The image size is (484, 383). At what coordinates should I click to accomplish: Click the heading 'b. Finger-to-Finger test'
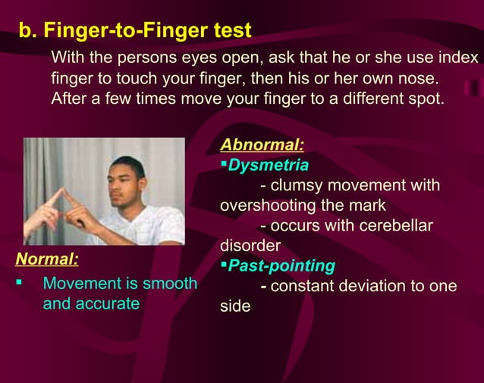pos(134,31)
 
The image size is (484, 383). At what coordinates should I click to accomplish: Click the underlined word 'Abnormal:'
pos(262,144)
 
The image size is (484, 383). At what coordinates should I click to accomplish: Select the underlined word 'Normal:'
pos(47,259)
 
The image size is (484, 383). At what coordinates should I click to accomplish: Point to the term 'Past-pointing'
pos(281,265)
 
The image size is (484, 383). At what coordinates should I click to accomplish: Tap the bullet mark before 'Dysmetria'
pos(224,165)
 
